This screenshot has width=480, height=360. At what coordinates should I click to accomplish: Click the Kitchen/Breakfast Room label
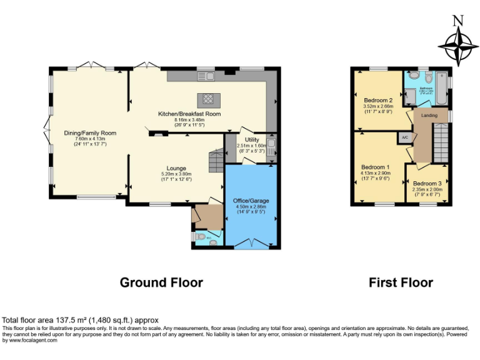tap(189, 114)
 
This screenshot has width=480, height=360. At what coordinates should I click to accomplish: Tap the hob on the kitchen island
tap(206, 99)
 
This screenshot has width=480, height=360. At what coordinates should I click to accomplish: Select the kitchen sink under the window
tap(206, 76)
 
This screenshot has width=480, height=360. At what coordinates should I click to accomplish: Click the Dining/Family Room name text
tap(91, 132)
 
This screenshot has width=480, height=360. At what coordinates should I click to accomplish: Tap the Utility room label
tap(252, 139)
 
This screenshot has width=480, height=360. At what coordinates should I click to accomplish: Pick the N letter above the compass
tap(458, 20)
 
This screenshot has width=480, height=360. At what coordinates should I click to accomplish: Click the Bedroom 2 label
tap(378, 100)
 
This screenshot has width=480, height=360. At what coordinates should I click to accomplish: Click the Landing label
tap(429, 116)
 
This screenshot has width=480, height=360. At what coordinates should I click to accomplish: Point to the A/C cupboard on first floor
tap(405, 137)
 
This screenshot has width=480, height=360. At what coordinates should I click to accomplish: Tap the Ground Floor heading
tap(161, 282)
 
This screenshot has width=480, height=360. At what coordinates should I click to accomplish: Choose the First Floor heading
tap(401, 282)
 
